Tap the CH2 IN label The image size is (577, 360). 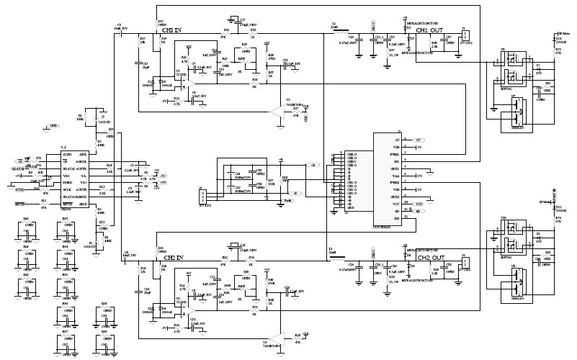[174, 257]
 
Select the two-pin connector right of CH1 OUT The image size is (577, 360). [464, 36]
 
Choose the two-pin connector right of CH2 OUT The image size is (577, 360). [464, 262]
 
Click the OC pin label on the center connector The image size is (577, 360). [397, 139]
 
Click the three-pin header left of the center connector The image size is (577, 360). [202, 196]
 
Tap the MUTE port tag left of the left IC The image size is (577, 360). [21, 204]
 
